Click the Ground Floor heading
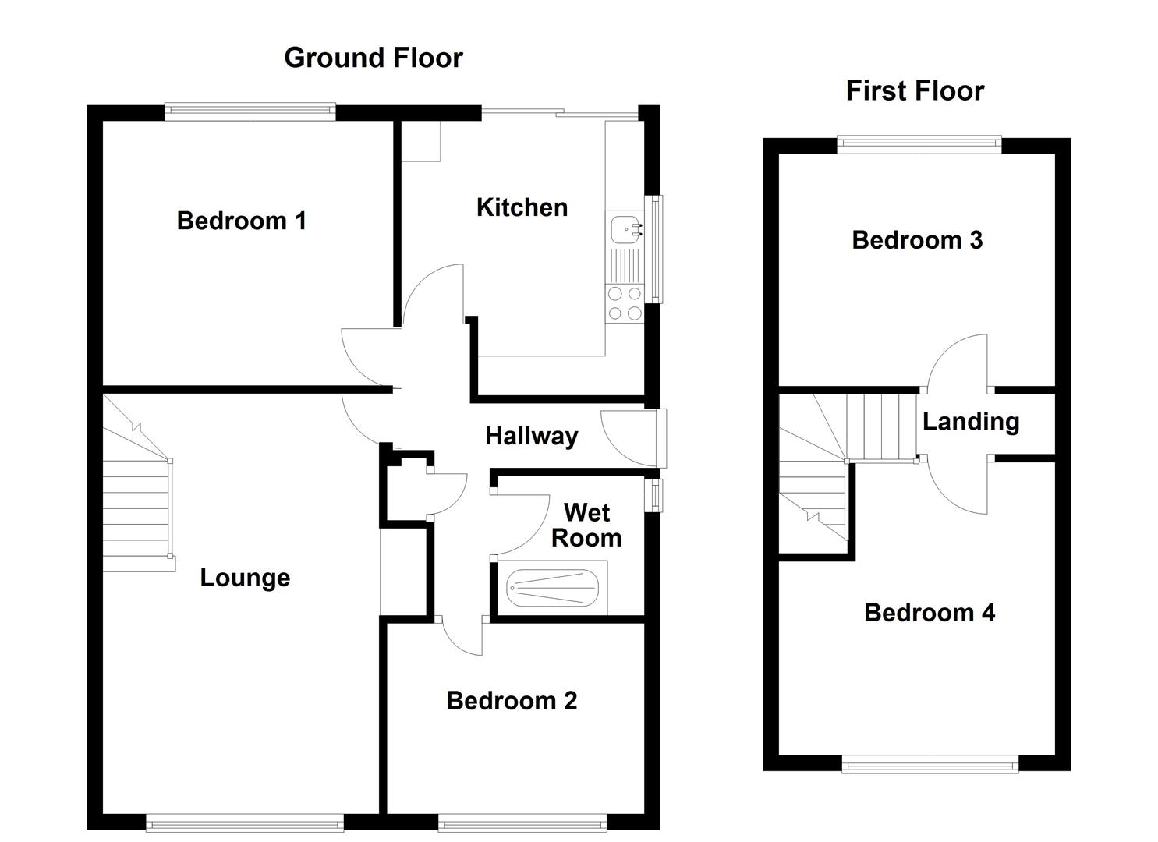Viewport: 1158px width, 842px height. click(x=373, y=58)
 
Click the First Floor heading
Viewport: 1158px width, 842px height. click(x=915, y=91)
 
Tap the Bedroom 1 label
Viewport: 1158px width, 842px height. click(x=241, y=221)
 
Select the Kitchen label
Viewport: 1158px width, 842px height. click(x=522, y=207)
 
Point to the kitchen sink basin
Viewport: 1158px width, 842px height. click(x=625, y=228)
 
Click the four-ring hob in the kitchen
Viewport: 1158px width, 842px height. click(x=625, y=303)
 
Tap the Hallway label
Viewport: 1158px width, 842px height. click(x=531, y=436)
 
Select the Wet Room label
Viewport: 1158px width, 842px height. click(x=586, y=525)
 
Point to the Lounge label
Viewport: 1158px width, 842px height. click(x=245, y=578)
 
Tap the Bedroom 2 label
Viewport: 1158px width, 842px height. click(x=512, y=701)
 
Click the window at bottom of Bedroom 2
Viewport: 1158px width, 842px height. click(x=522, y=822)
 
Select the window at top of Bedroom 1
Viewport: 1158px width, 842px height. click(x=250, y=112)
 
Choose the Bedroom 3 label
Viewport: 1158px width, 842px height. click(x=917, y=240)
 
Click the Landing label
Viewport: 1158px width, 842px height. click(x=971, y=422)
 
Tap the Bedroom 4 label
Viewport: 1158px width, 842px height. click(x=930, y=613)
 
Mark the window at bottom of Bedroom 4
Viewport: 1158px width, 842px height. click(x=930, y=763)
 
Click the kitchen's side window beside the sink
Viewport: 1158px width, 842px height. click(x=656, y=248)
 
